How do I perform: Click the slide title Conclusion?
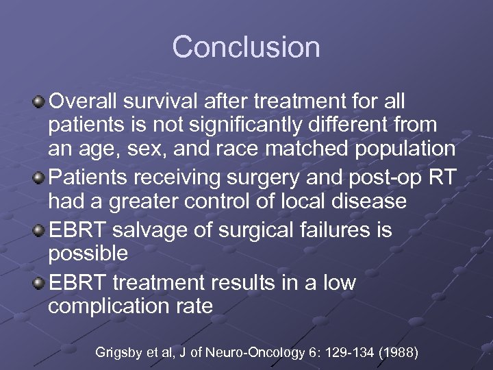246,47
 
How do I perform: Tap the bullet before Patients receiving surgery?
39,177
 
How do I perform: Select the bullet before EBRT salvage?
39,230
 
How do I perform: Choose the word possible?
88,254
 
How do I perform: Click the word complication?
109,306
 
